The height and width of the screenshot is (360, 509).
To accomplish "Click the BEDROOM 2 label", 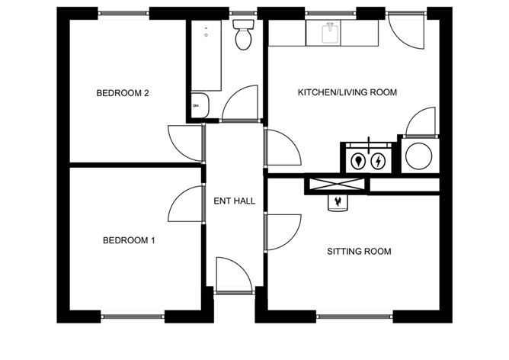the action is pos(123,93).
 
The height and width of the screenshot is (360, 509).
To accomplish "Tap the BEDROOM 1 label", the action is pos(129,240).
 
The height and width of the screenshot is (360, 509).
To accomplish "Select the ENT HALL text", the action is pos(235,201).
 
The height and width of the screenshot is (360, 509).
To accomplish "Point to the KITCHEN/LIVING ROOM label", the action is pos(347,92).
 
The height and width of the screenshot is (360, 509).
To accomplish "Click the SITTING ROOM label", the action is pos(359,252).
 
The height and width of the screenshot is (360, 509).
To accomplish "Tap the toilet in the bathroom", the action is pos(244,34).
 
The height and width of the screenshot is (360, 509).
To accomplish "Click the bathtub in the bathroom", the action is pos(206,56).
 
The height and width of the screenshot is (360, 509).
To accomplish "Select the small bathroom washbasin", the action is pos(200,105).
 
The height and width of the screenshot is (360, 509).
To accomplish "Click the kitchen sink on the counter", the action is pos(330,33).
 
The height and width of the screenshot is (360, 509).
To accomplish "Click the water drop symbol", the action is pos(358,161).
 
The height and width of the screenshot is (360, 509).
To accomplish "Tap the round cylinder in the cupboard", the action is pos(419,156).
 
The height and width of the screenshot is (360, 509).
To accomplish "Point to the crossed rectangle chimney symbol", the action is pos(336,184).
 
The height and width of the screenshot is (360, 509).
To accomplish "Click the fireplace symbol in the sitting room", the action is pos(338,203).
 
